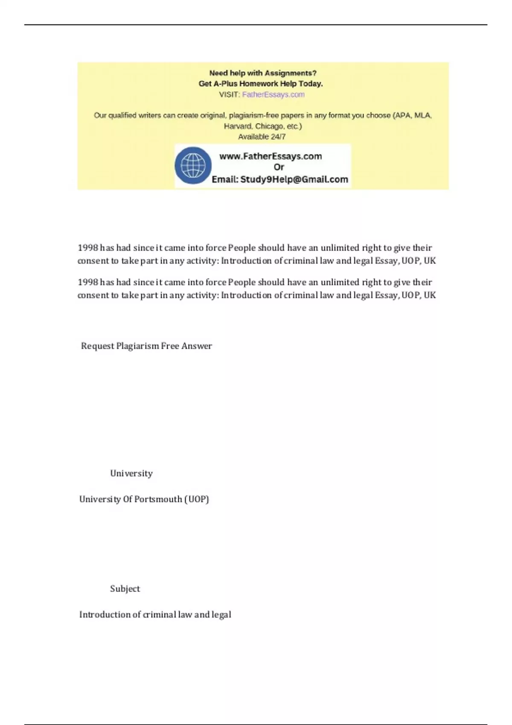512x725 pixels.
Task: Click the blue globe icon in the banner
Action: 193,165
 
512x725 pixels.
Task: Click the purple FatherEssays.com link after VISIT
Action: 273,95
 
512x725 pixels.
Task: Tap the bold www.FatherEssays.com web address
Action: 271,157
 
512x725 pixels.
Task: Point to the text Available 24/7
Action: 262,137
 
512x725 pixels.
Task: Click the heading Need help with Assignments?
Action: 262,73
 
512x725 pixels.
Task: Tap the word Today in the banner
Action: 311,84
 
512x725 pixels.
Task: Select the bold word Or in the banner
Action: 279,167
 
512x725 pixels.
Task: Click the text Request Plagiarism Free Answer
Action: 146,346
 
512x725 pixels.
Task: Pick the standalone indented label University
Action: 131,473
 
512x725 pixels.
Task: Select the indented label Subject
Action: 125,589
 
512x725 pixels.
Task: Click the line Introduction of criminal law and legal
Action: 155,615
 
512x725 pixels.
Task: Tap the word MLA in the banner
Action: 423,116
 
